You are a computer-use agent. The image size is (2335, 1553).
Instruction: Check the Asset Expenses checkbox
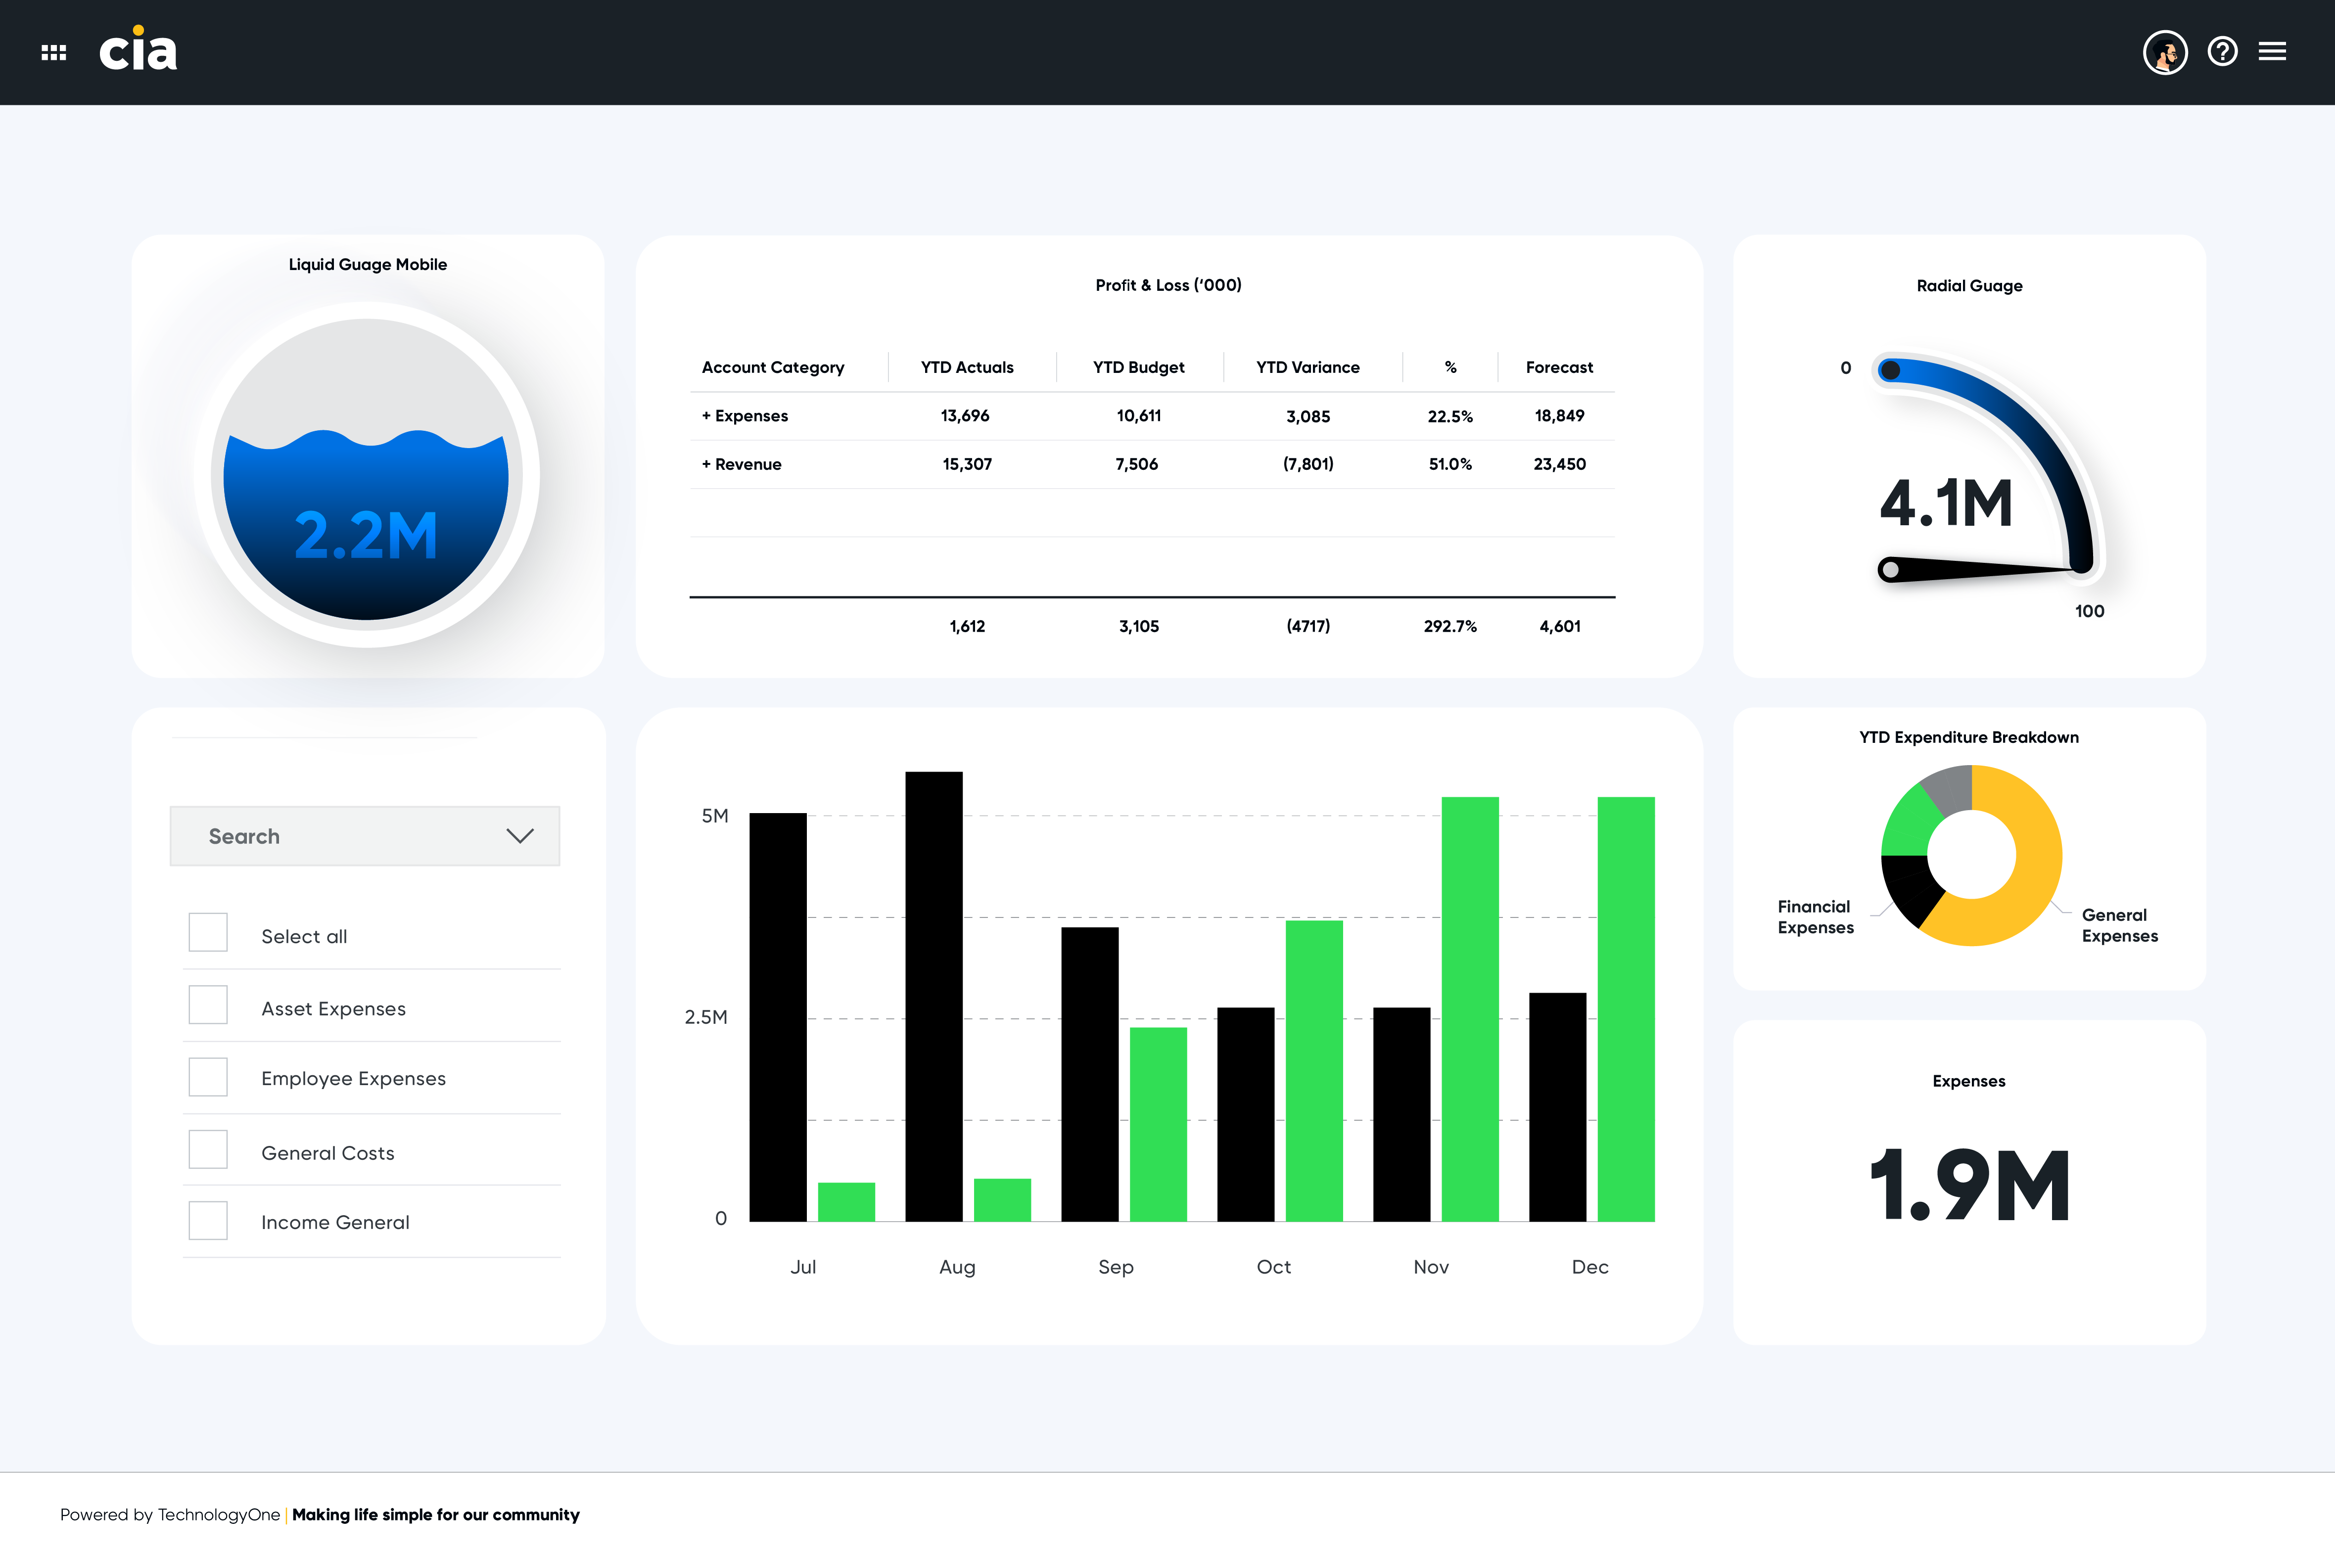coord(208,1005)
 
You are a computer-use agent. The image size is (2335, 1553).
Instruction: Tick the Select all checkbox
coord(208,932)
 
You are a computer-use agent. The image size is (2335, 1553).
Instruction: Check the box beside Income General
coord(208,1220)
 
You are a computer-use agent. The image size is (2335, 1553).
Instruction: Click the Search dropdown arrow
coord(520,836)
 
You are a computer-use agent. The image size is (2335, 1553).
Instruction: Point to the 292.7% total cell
coord(1449,626)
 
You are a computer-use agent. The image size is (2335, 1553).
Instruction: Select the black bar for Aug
coord(933,997)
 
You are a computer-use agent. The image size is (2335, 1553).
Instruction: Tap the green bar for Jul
coord(846,1201)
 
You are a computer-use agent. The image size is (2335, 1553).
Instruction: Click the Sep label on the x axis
coord(1116,1267)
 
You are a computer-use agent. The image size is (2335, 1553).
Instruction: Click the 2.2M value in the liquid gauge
coord(366,536)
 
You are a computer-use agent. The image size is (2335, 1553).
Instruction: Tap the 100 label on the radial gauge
coord(2089,611)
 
